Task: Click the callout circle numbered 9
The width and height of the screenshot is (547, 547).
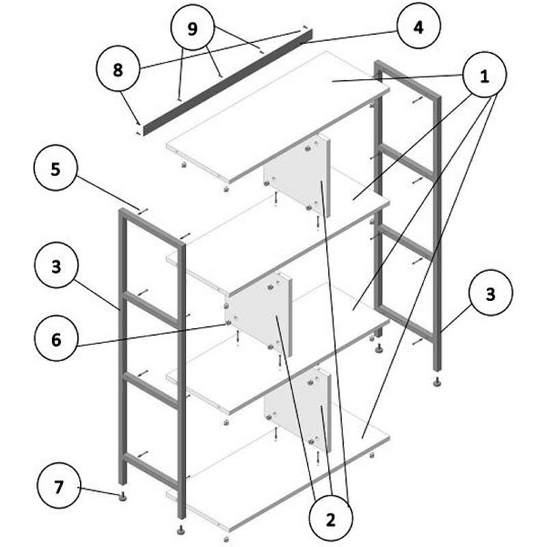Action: click(192, 28)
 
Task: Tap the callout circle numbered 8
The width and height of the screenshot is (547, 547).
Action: click(118, 70)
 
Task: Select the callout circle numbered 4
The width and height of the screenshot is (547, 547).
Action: click(418, 27)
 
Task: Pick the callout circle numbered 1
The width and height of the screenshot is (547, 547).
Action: click(484, 75)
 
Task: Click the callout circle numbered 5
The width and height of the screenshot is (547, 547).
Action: click(55, 168)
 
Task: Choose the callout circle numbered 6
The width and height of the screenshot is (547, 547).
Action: click(56, 338)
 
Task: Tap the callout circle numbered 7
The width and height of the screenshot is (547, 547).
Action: click(59, 486)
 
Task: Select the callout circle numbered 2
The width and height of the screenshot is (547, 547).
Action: click(331, 519)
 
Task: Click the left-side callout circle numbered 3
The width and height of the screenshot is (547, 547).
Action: click(56, 266)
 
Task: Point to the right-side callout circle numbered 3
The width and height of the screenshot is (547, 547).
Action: click(491, 293)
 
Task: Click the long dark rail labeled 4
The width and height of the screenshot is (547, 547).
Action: click(228, 83)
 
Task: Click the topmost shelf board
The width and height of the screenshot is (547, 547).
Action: click(278, 116)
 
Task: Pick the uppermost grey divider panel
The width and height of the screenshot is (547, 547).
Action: click(297, 174)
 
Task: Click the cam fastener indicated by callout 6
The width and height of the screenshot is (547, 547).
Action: click(228, 323)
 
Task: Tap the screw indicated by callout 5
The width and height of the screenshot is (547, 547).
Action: click(143, 211)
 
